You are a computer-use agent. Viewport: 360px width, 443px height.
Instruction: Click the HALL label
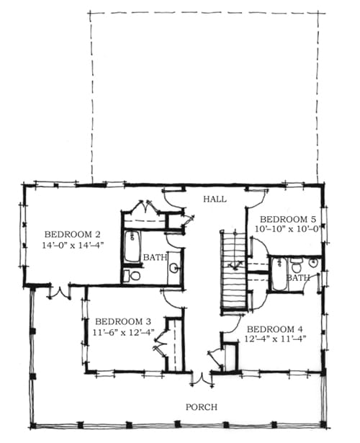[215, 200]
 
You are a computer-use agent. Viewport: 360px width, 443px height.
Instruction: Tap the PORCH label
[202, 407]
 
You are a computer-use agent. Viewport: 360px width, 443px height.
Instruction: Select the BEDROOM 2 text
[73, 235]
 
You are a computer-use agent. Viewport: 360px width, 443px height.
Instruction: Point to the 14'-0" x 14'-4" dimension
[73, 245]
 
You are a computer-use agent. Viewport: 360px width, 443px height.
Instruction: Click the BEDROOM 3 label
[123, 321]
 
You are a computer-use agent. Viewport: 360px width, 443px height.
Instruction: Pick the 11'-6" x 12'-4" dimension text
[124, 333]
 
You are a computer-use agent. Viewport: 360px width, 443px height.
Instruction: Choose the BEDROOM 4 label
[275, 329]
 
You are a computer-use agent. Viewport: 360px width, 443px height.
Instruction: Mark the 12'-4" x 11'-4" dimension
[275, 339]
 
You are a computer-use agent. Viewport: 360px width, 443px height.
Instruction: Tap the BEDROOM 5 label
[288, 219]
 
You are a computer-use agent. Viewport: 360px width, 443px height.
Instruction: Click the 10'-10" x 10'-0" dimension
[287, 229]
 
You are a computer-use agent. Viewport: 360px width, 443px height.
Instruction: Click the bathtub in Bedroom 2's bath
[132, 246]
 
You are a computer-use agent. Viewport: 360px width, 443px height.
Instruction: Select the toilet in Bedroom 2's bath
[132, 276]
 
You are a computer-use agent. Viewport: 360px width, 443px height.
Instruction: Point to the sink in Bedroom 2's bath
[175, 267]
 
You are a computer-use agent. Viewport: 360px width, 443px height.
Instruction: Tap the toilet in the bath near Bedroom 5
[296, 265]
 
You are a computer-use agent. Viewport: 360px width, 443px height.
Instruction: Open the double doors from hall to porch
[202, 379]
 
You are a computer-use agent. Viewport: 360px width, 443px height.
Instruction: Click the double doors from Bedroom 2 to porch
[60, 292]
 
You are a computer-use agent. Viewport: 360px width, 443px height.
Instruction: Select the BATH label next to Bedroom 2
[155, 257]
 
